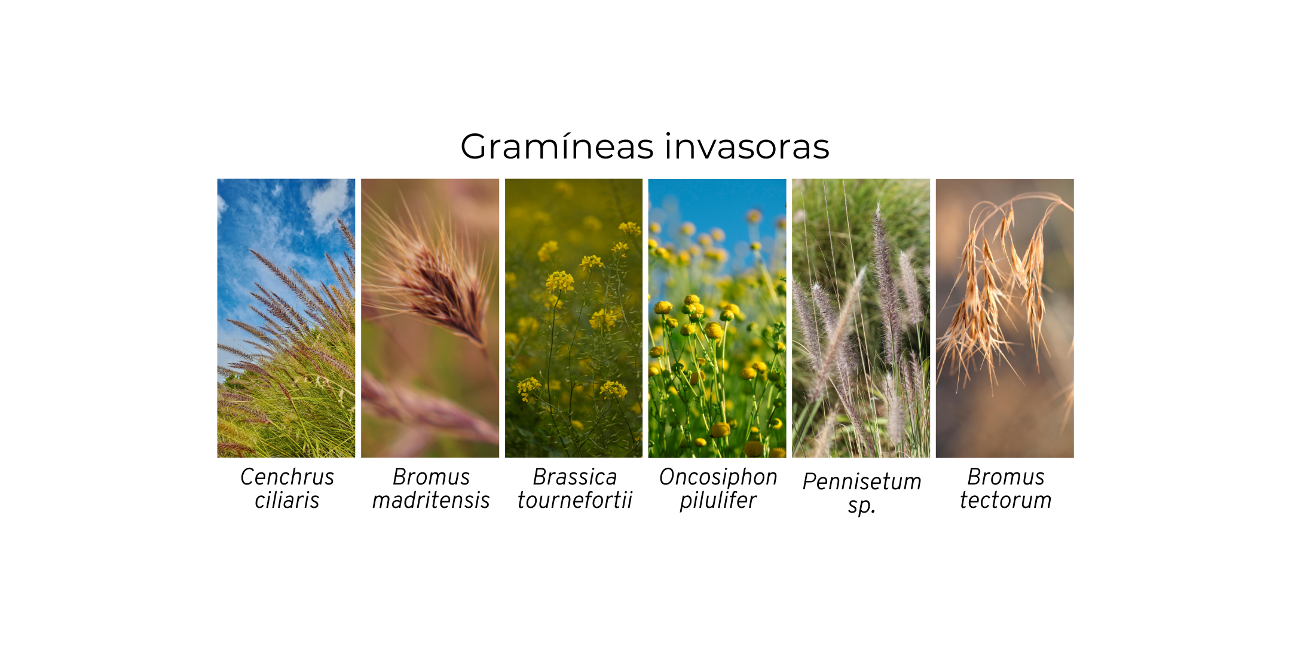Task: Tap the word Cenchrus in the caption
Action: point(287,477)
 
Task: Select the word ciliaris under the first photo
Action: point(287,500)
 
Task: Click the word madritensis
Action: point(431,500)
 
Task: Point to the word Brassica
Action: point(574,477)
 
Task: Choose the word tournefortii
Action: point(574,500)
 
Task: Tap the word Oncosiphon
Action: point(718,477)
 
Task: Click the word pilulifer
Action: point(718,501)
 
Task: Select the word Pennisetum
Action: point(862,482)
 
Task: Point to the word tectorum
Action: point(1005,500)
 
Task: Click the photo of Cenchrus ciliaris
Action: point(286,318)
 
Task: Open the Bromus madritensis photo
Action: point(430,318)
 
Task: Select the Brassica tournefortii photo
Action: point(574,318)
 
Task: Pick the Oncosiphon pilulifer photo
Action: point(717,318)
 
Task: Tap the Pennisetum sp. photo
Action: point(861,318)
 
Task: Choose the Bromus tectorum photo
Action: point(1005,318)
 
